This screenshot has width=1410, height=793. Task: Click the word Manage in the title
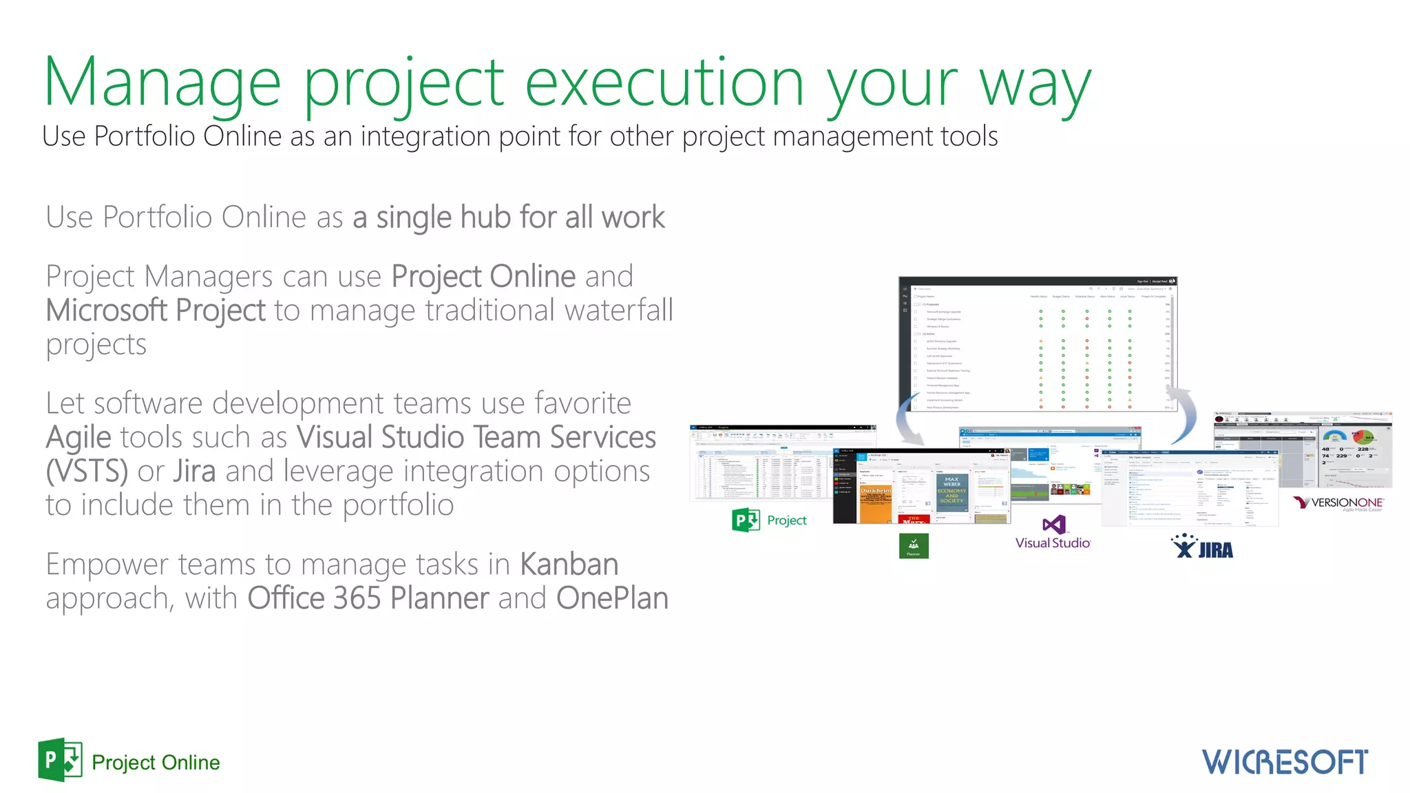coord(162,83)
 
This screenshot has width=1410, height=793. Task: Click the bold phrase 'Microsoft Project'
coord(156,310)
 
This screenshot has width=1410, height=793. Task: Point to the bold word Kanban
coord(569,564)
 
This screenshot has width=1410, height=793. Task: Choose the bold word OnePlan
coord(612,598)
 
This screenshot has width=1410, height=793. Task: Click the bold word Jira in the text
coord(194,472)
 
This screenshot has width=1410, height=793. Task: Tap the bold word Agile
coord(78,438)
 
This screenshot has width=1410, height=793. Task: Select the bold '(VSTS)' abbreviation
coord(87,472)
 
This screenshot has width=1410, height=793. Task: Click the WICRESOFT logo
coord(1285,762)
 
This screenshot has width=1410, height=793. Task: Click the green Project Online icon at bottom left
coord(61,760)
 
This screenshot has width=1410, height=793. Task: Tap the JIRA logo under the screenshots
coord(1202,547)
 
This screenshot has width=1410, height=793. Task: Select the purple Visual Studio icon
coord(1053,525)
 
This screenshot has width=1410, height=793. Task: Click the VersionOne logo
coord(1338,503)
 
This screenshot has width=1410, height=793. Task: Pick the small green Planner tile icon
coord(914,546)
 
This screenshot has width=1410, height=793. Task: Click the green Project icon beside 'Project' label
coord(746,520)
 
